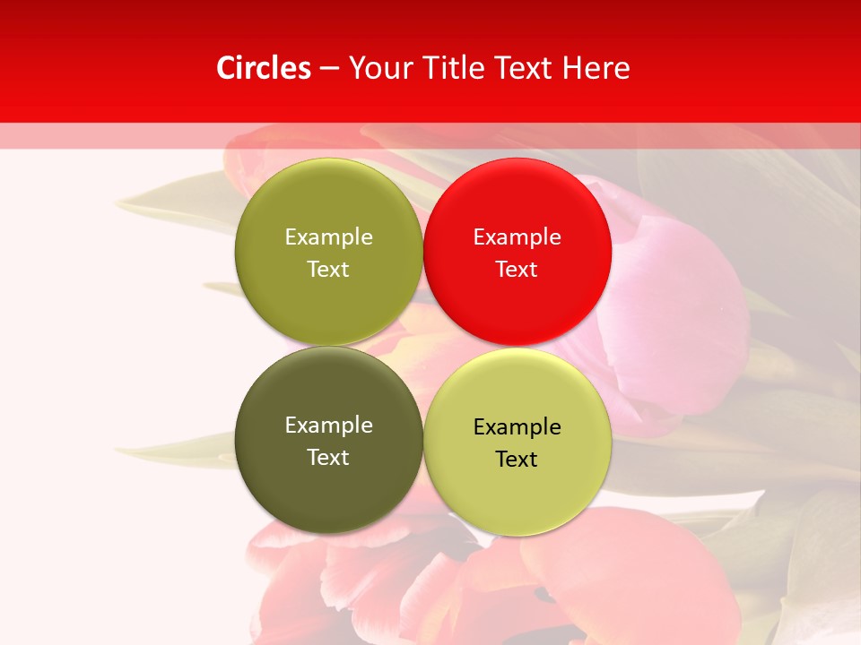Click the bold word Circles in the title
264,68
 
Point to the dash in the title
329,69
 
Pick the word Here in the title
596,68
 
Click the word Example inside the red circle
517,236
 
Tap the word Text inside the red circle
517,269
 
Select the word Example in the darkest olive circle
328,425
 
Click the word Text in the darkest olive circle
328,457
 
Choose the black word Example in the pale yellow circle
517,426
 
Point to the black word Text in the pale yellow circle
517,459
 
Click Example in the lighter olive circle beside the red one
328,236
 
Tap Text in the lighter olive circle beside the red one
328,269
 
